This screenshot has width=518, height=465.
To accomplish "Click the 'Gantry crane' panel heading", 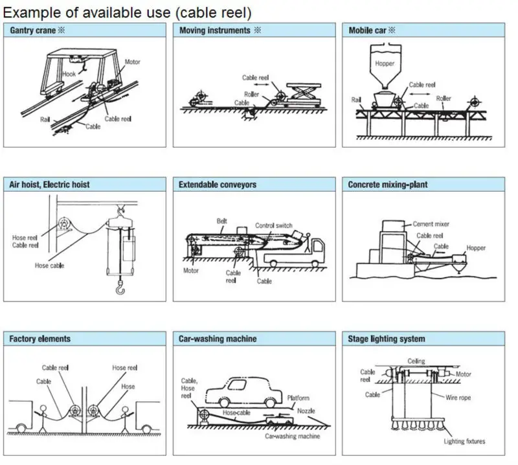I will [x=37, y=30].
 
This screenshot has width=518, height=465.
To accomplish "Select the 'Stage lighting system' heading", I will [x=387, y=339].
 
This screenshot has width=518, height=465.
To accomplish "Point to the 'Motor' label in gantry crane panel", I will [x=132, y=62].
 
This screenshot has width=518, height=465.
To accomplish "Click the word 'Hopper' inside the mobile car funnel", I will [x=385, y=63].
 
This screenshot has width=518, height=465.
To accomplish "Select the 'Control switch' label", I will [x=274, y=225].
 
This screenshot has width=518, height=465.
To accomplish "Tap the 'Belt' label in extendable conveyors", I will [x=223, y=220].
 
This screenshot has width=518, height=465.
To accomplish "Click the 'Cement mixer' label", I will [x=431, y=224].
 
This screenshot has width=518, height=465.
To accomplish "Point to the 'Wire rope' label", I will [x=458, y=398].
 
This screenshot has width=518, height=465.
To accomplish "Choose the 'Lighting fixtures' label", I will [x=464, y=442].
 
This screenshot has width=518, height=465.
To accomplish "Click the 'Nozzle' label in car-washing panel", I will [x=306, y=411].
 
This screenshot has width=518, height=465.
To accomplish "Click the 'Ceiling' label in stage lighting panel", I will [x=416, y=361].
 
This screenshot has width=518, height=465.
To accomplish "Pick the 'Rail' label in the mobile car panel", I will [x=356, y=100].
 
